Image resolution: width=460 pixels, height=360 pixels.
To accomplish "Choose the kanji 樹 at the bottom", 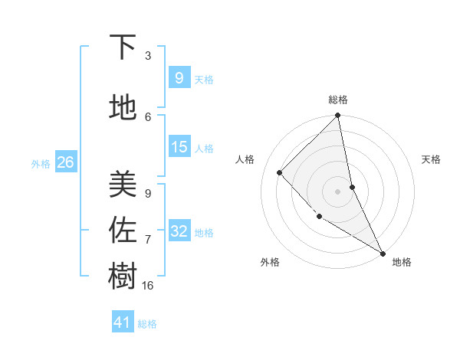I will (x=123, y=277).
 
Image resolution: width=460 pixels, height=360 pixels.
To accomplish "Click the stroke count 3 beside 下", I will (x=148, y=56).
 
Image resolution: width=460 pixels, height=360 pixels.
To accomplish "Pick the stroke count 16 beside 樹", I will (x=148, y=286).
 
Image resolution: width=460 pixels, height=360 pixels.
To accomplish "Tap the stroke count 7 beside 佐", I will (x=148, y=240).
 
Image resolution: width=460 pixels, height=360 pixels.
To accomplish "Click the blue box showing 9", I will (x=179, y=77).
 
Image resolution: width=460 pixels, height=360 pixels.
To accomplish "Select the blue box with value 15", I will (x=179, y=147).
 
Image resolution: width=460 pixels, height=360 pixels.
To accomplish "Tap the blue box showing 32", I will (x=179, y=231).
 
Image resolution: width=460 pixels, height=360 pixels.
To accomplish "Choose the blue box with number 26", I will (x=65, y=162).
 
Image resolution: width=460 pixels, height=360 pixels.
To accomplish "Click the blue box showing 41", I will (x=123, y=322).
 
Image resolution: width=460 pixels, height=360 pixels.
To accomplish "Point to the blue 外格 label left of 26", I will (x=41, y=163).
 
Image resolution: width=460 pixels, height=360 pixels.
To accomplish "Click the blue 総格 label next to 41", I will (x=147, y=324).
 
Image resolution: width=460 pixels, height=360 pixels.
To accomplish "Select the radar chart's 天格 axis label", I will (x=431, y=159).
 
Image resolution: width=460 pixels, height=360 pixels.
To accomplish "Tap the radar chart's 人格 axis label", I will (x=245, y=159).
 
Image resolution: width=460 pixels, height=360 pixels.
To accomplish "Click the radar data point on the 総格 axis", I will (x=338, y=116).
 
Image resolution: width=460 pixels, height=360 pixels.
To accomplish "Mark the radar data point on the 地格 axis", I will (x=382, y=252).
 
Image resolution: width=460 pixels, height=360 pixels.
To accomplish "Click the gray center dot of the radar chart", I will (x=338, y=191).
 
